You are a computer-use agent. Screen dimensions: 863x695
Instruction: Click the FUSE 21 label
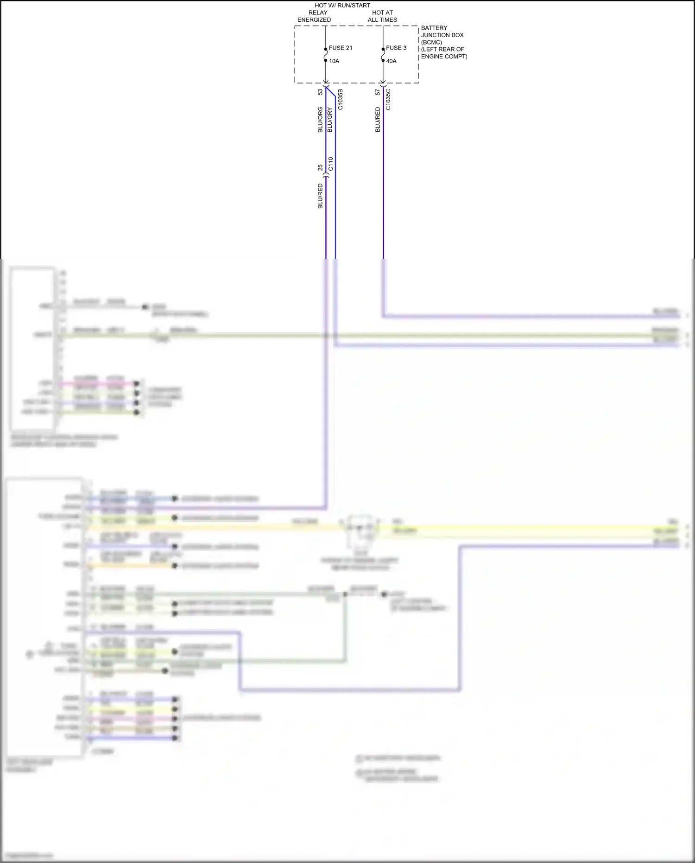(x=341, y=48)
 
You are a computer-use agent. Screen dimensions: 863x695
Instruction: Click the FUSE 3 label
(x=396, y=48)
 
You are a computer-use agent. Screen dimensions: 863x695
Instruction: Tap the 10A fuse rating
(x=334, y=61)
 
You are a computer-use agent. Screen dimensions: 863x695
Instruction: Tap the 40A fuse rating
(x=391, y=61)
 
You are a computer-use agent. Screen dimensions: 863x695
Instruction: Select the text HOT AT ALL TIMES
(x=382, y=16)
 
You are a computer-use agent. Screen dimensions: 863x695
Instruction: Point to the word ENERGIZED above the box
(x=314, y=20)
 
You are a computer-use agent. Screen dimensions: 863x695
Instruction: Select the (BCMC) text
(x=431, y=42)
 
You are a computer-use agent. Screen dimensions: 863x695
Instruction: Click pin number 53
(x=320, y=92)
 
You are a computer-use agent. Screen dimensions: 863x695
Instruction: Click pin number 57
(x=378, y=92)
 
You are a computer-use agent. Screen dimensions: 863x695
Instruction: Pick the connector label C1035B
(x=341, y=99)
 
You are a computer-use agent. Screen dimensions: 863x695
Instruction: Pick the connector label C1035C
(x=388, y=99)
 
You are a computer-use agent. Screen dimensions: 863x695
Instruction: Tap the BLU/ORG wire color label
(x=320, y=120)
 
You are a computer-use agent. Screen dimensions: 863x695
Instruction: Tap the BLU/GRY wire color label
(x=330, y=120)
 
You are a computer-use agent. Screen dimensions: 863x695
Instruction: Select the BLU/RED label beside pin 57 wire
(x=378, y=120)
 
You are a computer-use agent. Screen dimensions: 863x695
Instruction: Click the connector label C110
(x=330, y=164)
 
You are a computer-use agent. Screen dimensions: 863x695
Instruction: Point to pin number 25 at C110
(x=320, y=167)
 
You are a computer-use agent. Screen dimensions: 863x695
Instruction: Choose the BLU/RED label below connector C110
(x=320, y=196)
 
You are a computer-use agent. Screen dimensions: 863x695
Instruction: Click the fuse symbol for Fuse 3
(x=383, y=55)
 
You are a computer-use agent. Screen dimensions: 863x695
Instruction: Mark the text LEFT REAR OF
(x=442, y=49)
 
